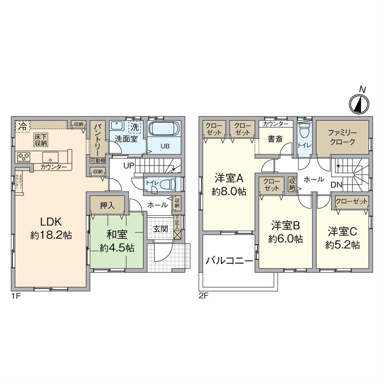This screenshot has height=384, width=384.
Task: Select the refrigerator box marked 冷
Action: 22,125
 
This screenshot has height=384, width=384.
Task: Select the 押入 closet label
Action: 107,206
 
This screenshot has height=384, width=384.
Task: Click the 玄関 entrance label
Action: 160,229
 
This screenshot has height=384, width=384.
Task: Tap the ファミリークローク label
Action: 341,137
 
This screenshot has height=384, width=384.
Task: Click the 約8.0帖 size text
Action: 229,191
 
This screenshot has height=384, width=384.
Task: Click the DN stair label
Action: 336,184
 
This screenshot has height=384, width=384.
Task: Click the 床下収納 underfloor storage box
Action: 41,139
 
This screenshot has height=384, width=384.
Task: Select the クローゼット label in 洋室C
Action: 352,202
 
